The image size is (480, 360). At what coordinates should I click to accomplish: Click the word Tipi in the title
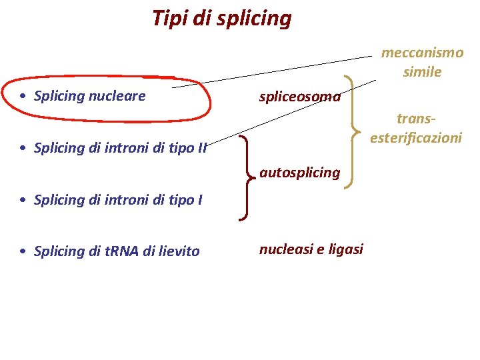coord(168,17)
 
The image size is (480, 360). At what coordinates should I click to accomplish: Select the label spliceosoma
coord(300,97)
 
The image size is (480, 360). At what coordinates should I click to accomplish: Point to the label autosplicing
coord(300,173)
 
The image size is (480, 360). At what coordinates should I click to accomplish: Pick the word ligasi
coord(345,249)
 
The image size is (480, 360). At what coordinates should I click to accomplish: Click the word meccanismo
coord(422,53)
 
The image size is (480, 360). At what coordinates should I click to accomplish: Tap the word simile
coord(422,71)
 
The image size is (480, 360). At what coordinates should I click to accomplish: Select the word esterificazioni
coord(416,138)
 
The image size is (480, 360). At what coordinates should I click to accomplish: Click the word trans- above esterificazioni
coord(417,119)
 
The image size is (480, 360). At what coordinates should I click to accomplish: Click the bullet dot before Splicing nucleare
coord(23,96)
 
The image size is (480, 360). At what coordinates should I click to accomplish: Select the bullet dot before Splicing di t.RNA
coord(23,251)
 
